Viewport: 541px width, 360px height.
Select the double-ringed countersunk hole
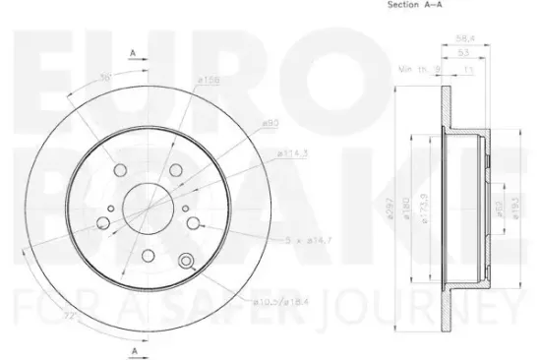[186, 261]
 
